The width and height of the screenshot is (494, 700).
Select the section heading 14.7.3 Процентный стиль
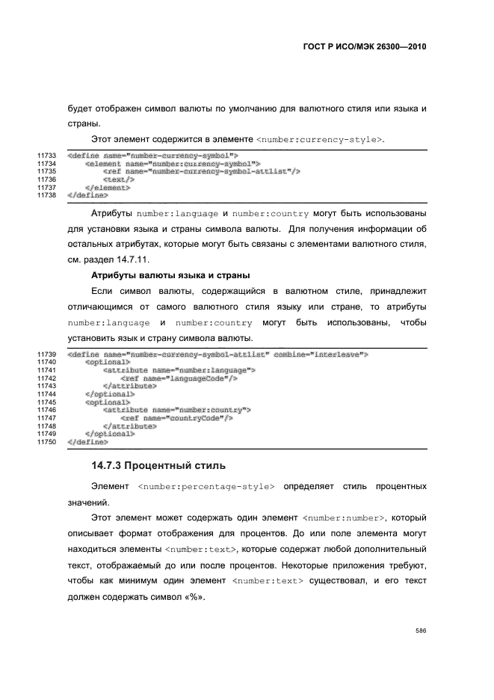158,466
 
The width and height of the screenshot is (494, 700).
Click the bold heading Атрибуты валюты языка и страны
169,274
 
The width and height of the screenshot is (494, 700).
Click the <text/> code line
119,180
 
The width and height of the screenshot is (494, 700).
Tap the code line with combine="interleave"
217,354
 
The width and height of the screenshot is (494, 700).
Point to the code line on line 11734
172,163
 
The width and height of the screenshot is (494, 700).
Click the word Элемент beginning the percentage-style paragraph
109,487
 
